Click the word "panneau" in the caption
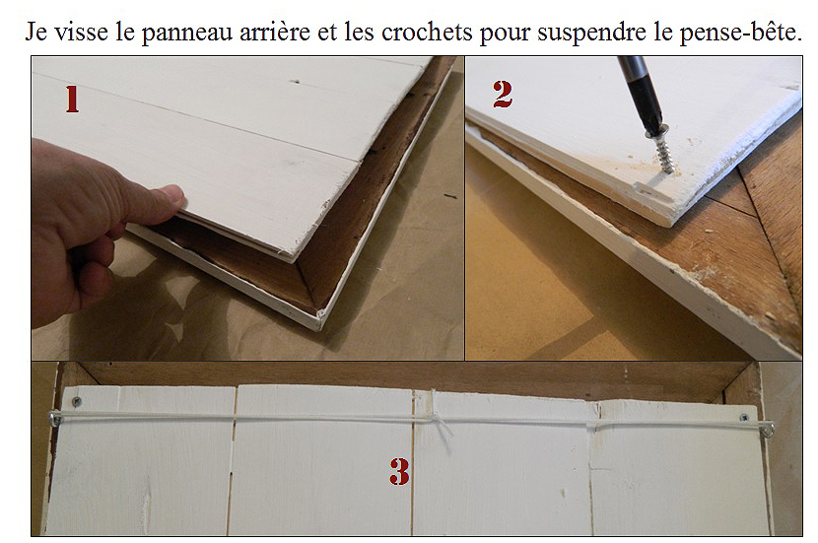click(x=186, y=33)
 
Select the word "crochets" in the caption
click(x=427, y=32)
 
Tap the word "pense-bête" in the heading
click(x=740, y=33)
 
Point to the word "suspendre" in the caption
click(x=592, y=34)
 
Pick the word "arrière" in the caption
click(x=275, y=32)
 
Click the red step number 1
click(x=72, y=100)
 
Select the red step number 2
click(x=503, y=95)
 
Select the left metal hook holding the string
click(x=55, y=418)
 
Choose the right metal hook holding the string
click(x=769, y=430)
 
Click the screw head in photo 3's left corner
click(x=76, y=401)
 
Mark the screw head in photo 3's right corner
click(x=744, y=418)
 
